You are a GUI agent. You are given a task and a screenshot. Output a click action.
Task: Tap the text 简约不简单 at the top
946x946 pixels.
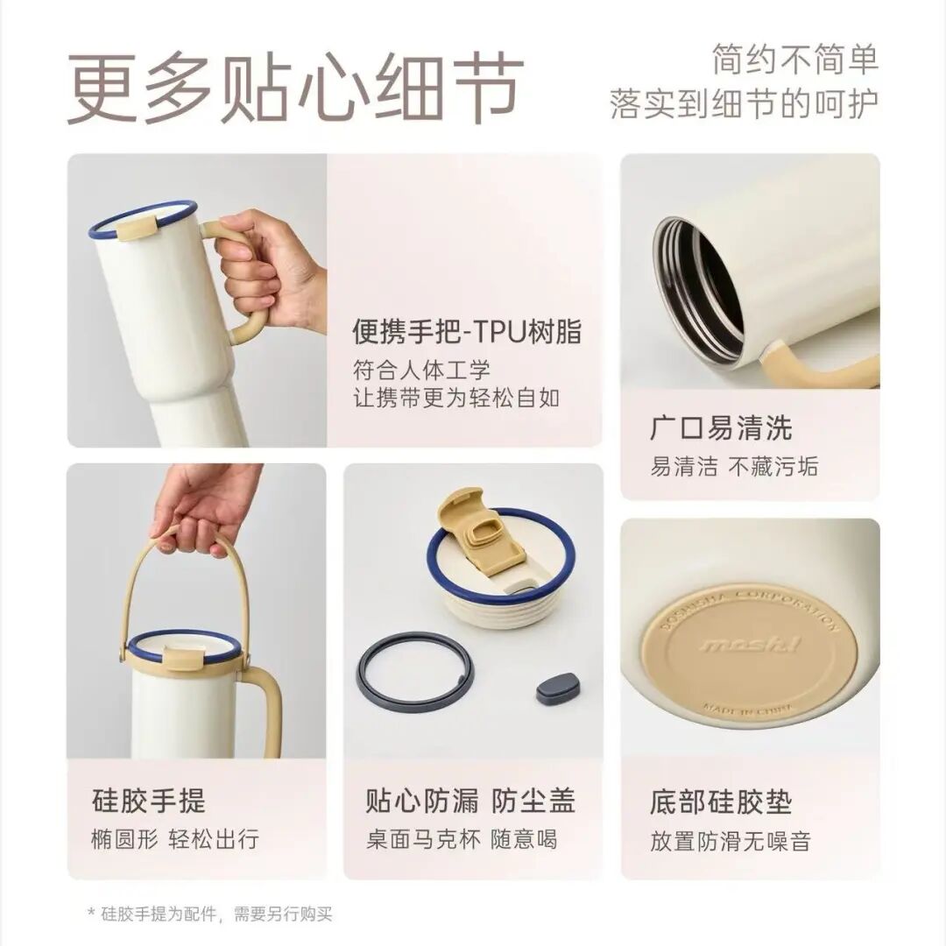794,60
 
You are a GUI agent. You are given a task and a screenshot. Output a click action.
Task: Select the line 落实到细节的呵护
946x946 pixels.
744,103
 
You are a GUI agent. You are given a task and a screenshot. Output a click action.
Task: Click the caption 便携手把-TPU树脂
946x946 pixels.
467,332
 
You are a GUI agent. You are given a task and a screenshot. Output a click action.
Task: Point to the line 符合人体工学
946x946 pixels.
421,370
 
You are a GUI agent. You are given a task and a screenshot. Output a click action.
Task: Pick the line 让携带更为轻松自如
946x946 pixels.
456,399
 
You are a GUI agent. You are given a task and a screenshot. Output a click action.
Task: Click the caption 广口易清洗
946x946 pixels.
721,428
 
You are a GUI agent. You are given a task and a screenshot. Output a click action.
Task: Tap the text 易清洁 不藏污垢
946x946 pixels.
734,466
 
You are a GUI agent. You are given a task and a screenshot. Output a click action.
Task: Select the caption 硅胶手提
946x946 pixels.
149,801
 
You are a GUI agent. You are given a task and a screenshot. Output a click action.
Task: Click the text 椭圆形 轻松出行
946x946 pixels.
175,839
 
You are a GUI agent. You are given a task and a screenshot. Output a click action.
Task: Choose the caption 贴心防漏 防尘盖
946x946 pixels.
470,801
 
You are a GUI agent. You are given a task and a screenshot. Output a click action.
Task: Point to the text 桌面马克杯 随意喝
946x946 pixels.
462,839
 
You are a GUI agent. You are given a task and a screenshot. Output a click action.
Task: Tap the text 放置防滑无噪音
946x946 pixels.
730,841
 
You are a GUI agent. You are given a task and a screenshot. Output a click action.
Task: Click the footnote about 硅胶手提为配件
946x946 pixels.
210,914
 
